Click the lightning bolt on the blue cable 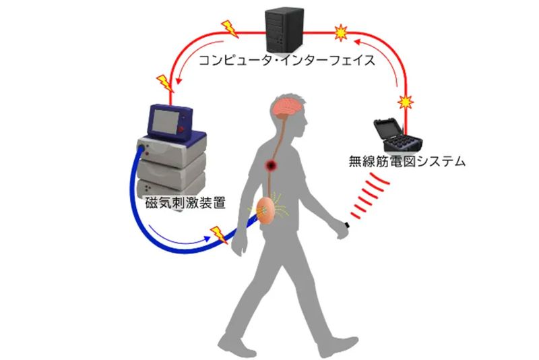click(218, 234)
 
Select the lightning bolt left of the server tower click(228, 30)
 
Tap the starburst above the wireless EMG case click(405, 102)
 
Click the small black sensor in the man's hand click(345, 225)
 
